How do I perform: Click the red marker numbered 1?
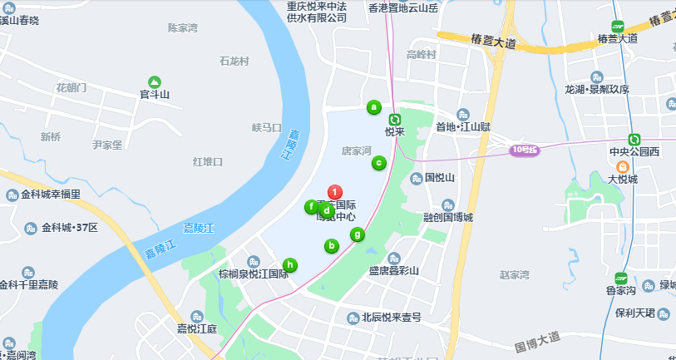334,193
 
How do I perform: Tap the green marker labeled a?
374,106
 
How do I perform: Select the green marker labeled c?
378,163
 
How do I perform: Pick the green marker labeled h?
289,265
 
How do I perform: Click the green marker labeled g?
357,234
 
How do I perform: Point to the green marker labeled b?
331,245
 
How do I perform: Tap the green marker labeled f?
311,207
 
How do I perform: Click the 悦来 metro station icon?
395,120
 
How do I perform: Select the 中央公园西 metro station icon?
634,140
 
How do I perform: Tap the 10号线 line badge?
525,150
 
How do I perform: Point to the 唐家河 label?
356,151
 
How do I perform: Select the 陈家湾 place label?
183,27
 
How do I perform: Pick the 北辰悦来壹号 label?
392,318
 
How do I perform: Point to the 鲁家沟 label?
620,290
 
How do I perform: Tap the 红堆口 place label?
207,161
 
